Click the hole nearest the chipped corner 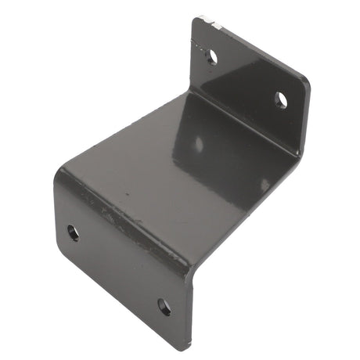click(211, 56)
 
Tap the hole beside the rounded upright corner click(281, 99)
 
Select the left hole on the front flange click(73, 232)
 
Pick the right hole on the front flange click(164, 307)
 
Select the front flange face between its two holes click(117, 270)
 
